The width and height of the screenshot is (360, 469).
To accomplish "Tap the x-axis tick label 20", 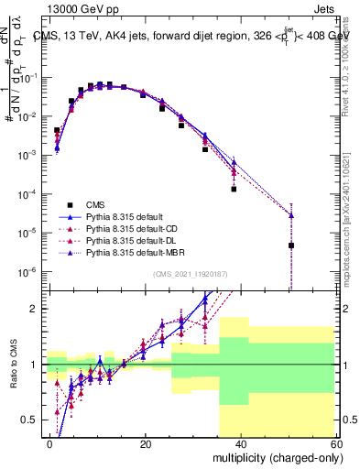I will (x=146, y=443).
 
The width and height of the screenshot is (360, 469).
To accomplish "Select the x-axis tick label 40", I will (x=241, y=443).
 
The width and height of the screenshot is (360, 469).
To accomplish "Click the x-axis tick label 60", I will (x=335, y=443).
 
